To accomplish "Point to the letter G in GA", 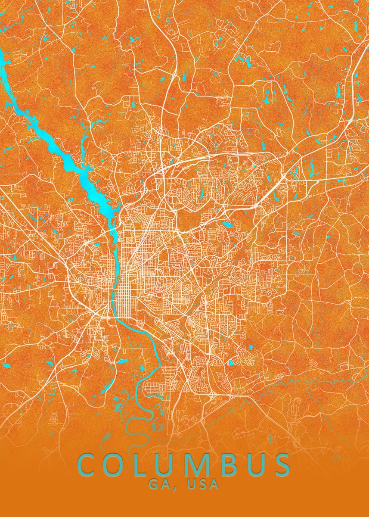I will tap(154, 484).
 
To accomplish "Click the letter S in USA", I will tap(203, 484).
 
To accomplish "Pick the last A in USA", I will tap(214, 484).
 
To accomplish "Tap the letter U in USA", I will tap(191, 484).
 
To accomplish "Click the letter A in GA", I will tap(164, 484).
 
